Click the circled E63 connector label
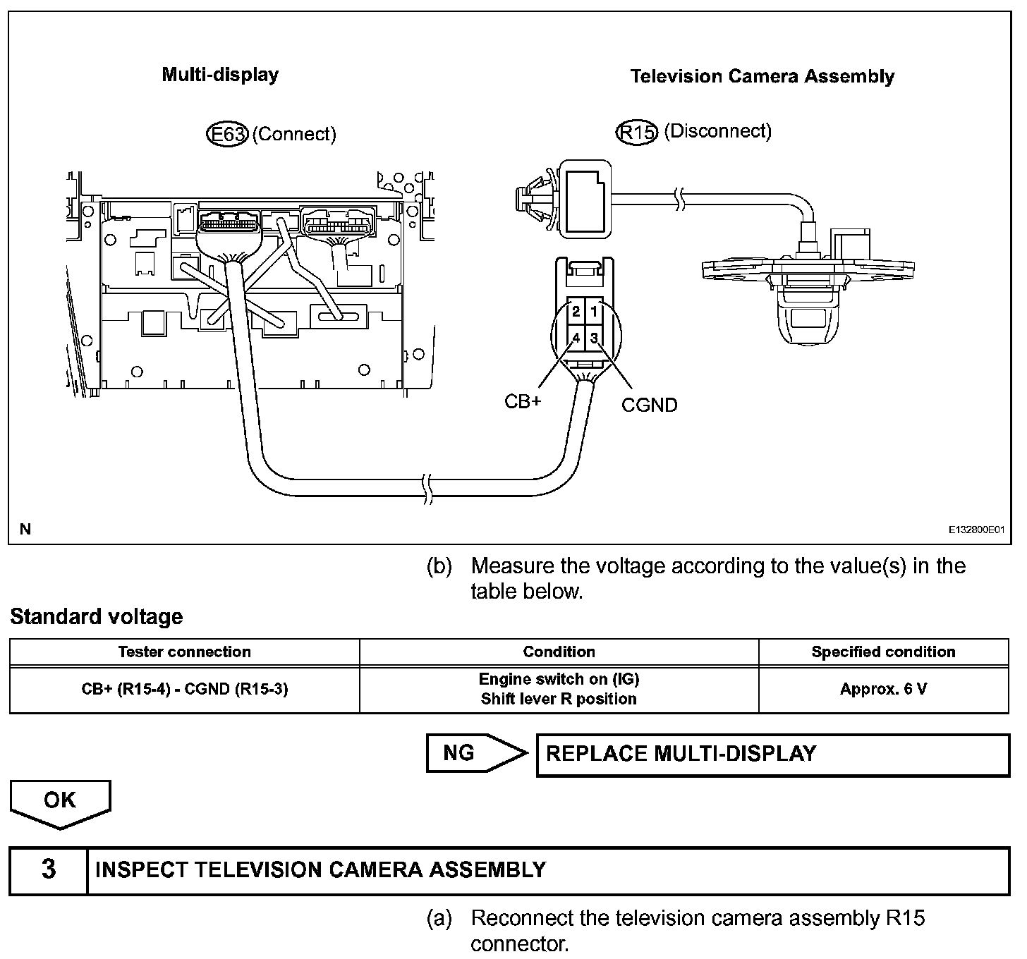click(x=228, y=135)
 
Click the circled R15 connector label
click(x=636, y=133)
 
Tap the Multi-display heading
click(x=220, y=75)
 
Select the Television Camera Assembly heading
click(x=762, y=77)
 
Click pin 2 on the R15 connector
click(x=576, y=312)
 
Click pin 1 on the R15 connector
click(x=594, y=312)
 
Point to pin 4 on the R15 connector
click(x=576, y=338)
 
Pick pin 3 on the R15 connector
click(x=594, y=338)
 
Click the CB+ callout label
click(x=523, y=402)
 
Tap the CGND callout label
click(x=650, y=405)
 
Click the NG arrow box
click(x=476, y=753)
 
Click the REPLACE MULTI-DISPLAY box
click(x=773, y=755)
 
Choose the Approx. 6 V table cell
click(x=884, y=690)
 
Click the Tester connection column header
click(x=185, y=652)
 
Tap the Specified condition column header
click(x=884, y=652)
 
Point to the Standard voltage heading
click(x=97, y=617)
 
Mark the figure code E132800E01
click(x=976, y=530)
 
